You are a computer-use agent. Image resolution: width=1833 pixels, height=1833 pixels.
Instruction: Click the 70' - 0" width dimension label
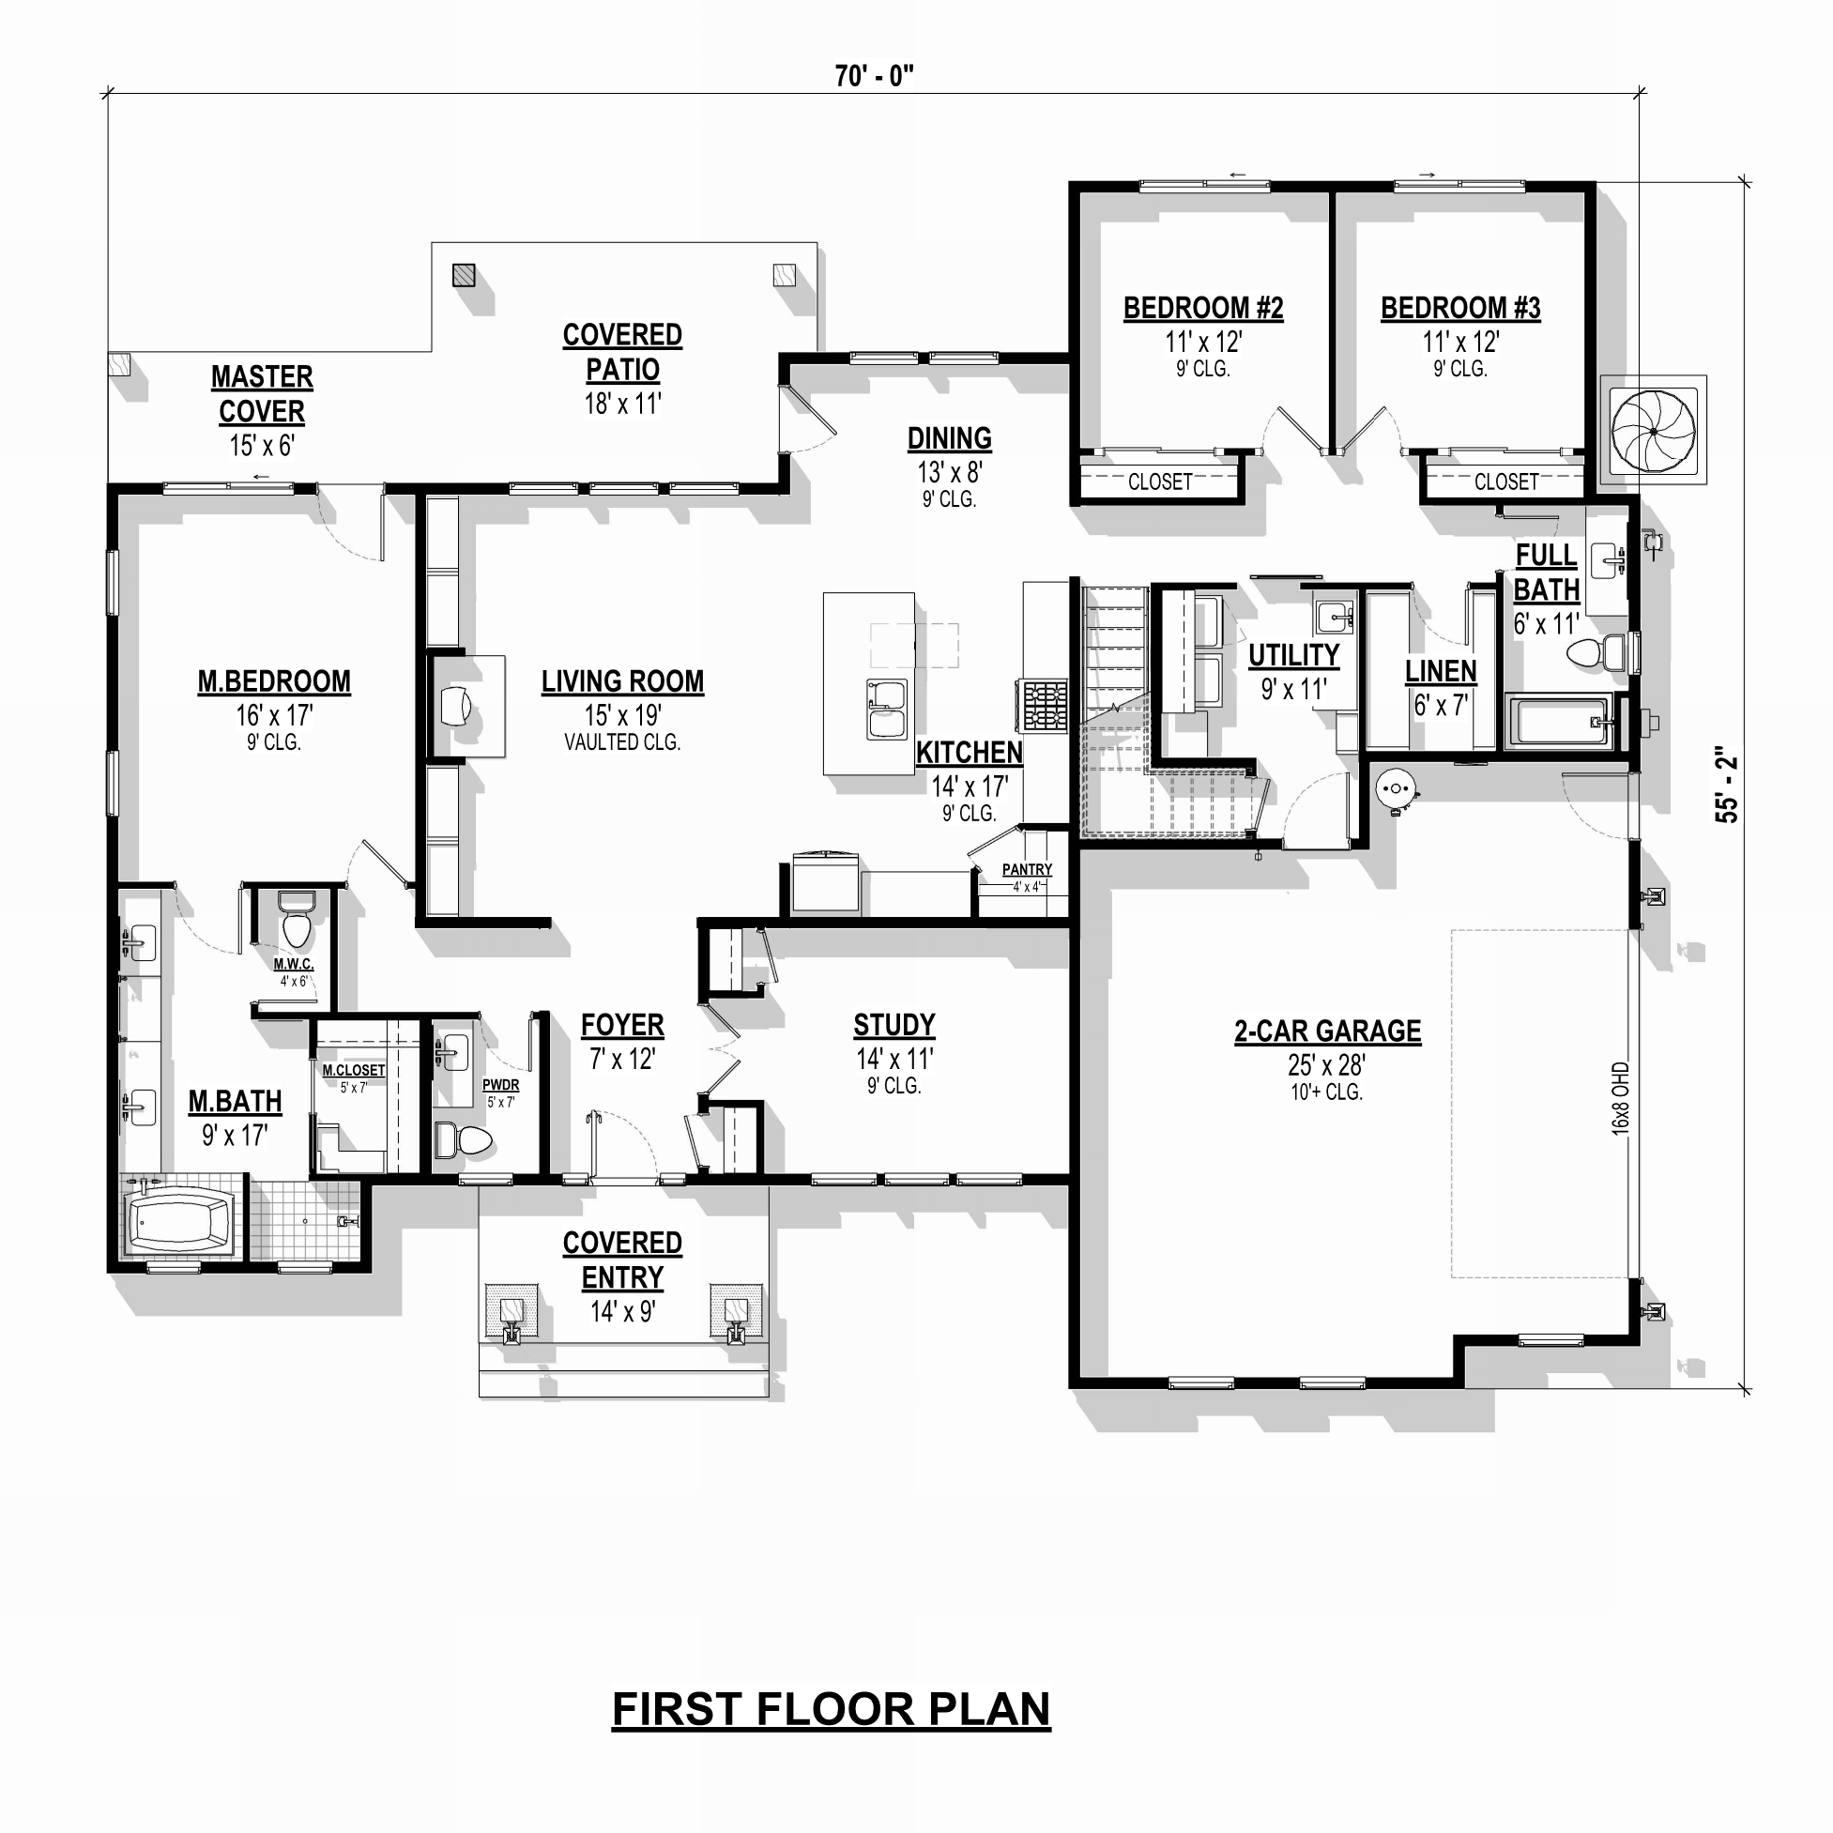point(874,77)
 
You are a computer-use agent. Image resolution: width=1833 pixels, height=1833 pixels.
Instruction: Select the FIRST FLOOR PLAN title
point(832,1709)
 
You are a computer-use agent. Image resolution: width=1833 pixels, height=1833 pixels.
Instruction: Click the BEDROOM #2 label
point(1203,309)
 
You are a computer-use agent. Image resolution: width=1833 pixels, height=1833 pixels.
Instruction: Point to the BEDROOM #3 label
point(1460,309)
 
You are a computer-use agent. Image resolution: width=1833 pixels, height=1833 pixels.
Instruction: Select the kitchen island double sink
point(886,709)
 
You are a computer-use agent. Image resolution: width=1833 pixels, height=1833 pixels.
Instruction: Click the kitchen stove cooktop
point(1044,705)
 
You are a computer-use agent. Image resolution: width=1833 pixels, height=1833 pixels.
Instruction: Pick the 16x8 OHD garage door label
point(1621,1099)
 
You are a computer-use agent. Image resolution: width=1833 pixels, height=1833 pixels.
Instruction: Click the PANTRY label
point(1027,869)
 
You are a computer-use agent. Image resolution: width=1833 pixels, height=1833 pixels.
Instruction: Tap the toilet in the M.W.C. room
point(297,920)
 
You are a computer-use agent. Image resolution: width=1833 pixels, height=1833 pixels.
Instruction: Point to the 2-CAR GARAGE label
point(1327,1031)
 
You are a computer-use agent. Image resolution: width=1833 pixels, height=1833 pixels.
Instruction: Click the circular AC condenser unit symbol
point(1654,431)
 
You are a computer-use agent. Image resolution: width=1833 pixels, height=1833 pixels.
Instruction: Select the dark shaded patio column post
point(463,275)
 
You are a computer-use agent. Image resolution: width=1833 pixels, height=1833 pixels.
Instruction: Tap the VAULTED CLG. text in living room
point(622,743)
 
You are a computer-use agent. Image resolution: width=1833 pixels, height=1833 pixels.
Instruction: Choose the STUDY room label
point(894,1026)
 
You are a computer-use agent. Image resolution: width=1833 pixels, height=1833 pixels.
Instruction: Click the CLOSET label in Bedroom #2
point(1159,482)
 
